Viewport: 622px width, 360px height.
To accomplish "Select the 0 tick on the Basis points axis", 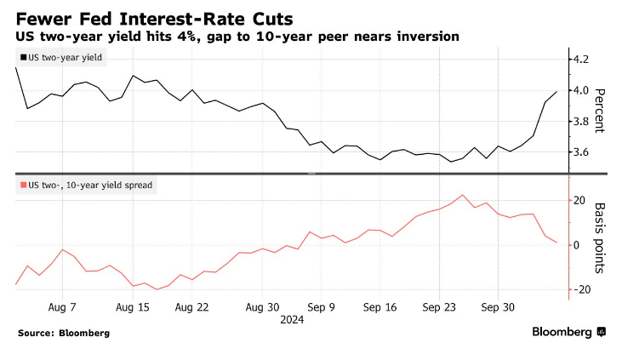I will [578, 246].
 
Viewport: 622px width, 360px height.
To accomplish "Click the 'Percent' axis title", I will [599, 111].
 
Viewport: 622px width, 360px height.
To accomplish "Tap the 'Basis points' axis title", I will [599, 237].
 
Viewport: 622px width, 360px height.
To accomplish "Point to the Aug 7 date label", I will [62, 306].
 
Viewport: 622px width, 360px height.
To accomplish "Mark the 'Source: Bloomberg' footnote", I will [64, 333].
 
